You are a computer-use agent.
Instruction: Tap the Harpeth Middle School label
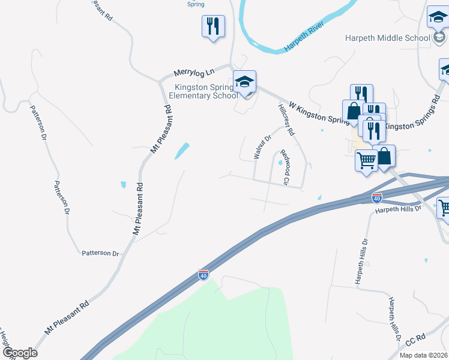(388, 38)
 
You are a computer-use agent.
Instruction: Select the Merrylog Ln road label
(194, 73)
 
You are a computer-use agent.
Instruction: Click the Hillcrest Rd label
(286, 118)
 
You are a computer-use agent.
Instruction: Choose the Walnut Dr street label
(262, 146)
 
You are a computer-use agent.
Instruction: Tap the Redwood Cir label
(286, 167)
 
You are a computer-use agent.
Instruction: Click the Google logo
(19, 353)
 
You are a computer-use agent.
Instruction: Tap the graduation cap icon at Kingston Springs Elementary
(245, 82)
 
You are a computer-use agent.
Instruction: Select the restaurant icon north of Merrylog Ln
(213, 26)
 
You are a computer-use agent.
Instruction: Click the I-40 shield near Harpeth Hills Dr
(376, 196)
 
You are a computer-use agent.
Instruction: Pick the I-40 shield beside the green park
(203, 274)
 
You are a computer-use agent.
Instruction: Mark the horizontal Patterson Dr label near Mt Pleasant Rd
(100, 253)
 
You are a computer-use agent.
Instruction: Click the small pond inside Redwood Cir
(280, 161)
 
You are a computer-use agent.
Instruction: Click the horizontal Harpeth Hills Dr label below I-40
(399, 209)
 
